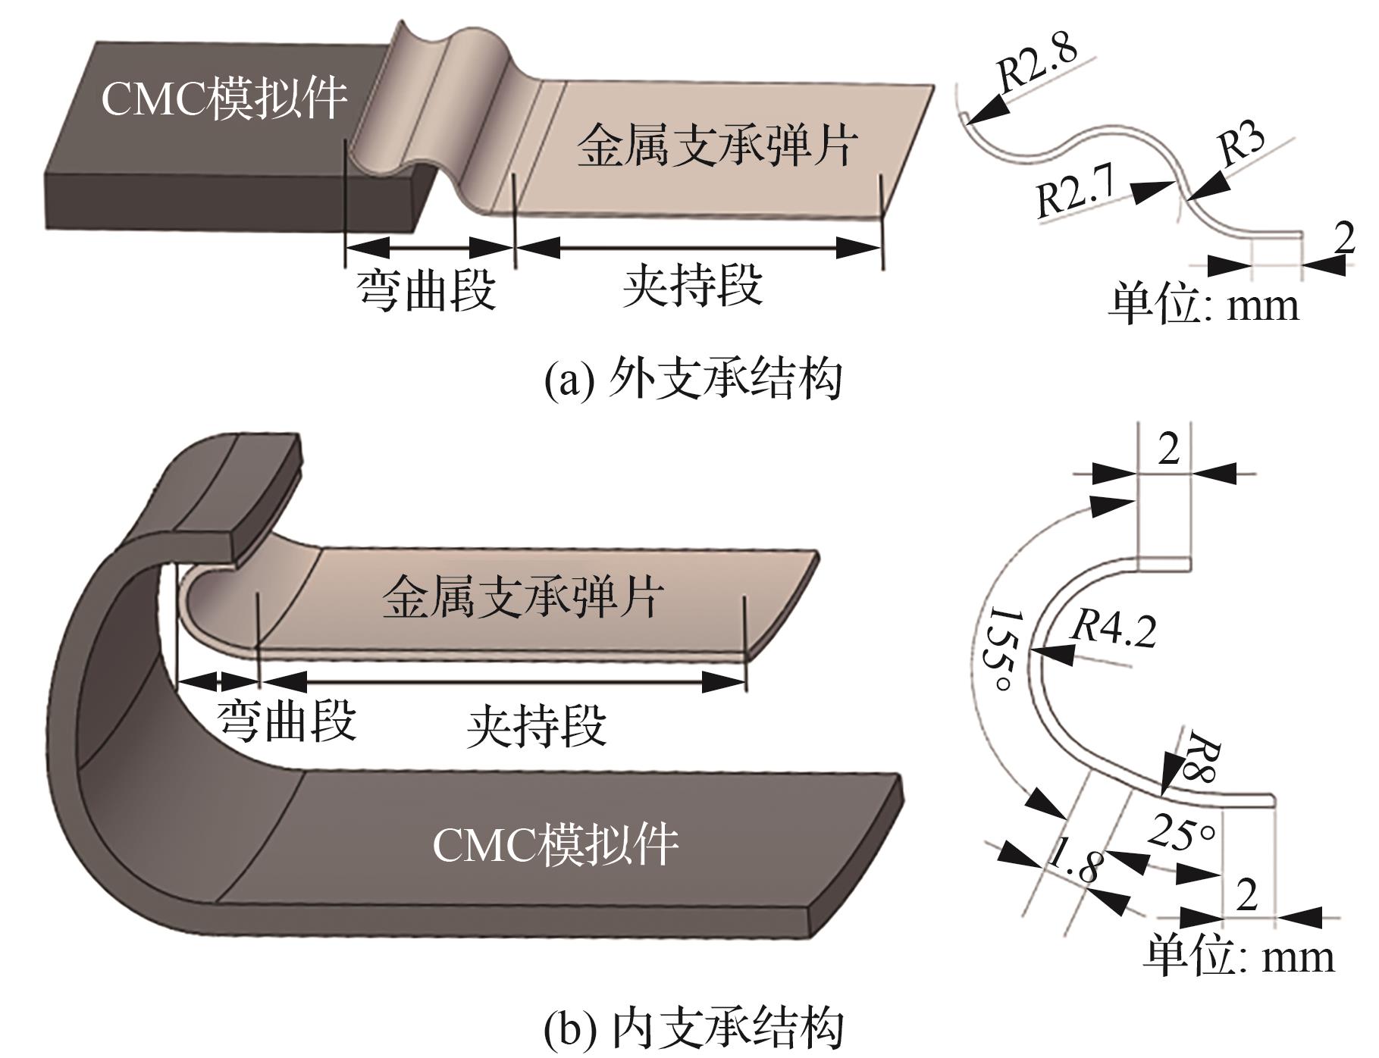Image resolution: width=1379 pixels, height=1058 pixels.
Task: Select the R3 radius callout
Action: [1241, 142]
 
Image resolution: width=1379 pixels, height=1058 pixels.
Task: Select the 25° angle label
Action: [1182, 832]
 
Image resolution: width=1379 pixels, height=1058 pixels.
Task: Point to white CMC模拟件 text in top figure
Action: [224, 99]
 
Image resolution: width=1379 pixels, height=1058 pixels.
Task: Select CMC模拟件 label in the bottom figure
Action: [556, 845]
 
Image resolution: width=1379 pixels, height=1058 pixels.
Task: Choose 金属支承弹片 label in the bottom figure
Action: [523, 597]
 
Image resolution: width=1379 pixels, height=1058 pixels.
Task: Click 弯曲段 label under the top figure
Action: [427, 290]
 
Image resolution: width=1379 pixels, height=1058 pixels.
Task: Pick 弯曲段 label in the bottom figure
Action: [287, 720]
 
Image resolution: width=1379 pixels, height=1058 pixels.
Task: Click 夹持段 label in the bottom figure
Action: [537, 727]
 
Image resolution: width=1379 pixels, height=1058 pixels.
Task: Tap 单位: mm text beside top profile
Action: [1204, 304]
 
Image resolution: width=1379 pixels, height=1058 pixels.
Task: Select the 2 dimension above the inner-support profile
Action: [1168, 450]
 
